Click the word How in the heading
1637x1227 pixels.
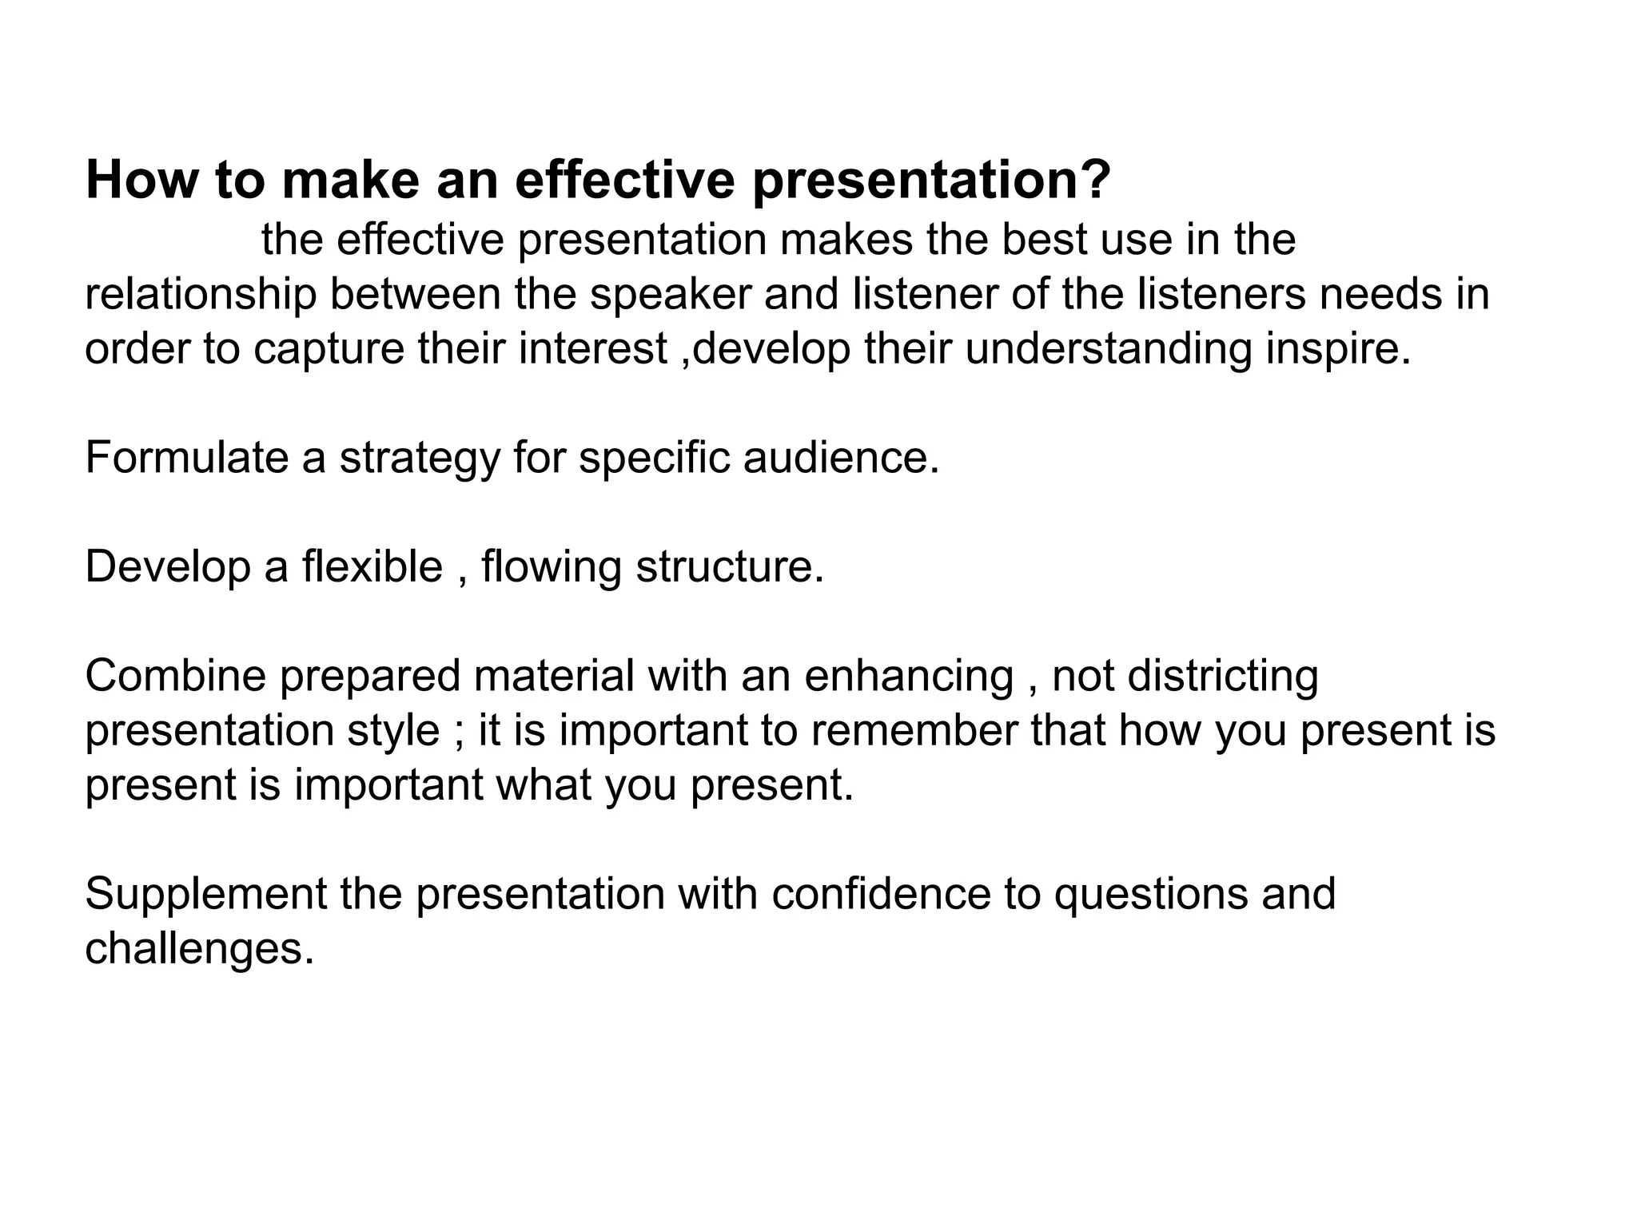(x=141, y=181)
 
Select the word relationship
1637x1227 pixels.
(x=201, y=295)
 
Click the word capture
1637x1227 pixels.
(x=329, y=350)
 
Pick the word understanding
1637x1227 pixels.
(x=1109, y=350)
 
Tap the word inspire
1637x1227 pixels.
(x=1336, y=350)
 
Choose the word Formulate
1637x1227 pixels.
(x=186, y=459)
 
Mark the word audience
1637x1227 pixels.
(x=839, y=459)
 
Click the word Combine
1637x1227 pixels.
(x=175, y=676)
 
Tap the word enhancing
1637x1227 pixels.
(x=908, y=677)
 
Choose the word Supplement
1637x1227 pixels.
(x=206, y=895)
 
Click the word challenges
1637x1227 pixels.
(x=199, y=949)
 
